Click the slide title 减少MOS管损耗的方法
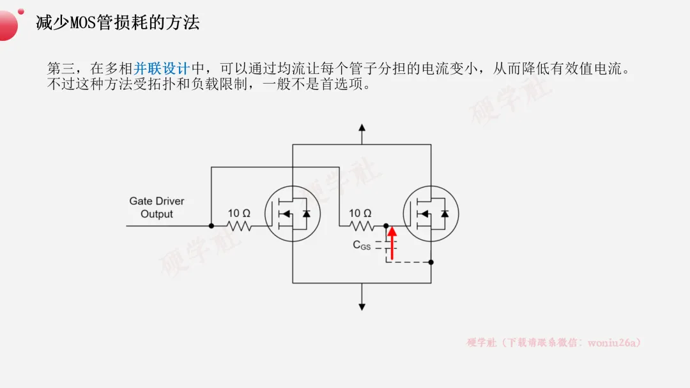(118, 23)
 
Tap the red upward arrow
(392, 243)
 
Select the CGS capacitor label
(362, 245)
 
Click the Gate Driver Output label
(157, 207)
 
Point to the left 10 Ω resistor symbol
(239, 225)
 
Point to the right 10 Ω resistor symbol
(360, 225)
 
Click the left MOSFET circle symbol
(292, 214)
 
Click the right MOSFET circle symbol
(431, 214)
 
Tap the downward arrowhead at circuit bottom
(362, 306)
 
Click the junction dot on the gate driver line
(211, 225)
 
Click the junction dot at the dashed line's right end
(431, 262)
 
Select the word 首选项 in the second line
(348, 84)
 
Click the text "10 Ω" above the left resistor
(239, 213)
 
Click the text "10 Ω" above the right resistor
(360, 213)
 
